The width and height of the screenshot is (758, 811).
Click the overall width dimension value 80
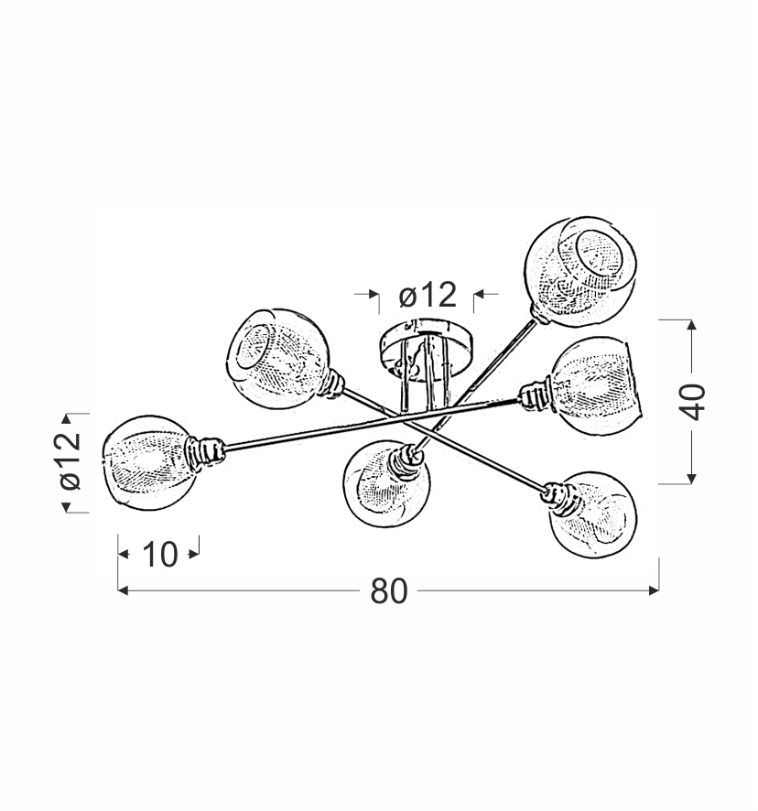pos(389,591)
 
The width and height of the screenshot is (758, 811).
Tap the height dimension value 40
pos(693,402)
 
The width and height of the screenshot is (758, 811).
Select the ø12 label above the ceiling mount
pos(428,295)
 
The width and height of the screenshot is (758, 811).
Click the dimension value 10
pos(160,555)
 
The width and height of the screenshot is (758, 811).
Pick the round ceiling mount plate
pos(426,345)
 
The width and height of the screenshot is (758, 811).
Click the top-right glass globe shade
pos(580,271)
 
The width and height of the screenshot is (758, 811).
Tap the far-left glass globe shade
pos(149,463)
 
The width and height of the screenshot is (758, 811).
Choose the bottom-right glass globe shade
pos(593,514)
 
